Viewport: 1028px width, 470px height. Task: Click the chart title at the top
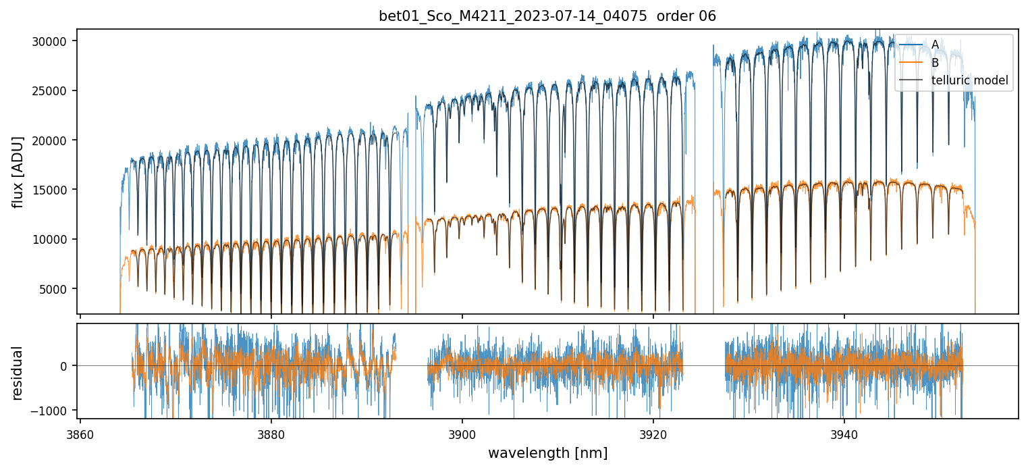547,16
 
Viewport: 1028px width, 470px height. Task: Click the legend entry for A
935,45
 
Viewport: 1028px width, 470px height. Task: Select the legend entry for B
935,63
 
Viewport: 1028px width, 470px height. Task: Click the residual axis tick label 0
64,366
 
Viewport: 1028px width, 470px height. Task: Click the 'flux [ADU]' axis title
18,172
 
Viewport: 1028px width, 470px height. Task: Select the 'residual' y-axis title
18,373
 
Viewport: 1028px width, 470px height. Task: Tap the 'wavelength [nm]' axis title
547,453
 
